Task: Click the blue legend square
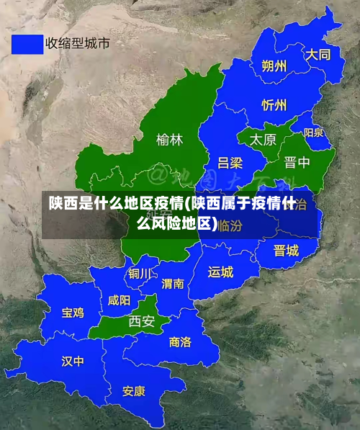[27, 43]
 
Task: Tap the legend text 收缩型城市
[78, 43]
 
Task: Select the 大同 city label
[318, 55]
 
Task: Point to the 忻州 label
[274, 105]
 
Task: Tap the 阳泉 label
[313, 133]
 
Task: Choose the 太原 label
[263, 139]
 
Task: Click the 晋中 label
[297, 163]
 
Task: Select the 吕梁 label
[230, 164]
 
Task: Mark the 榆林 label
[170, 140]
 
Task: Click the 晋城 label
[286, 251]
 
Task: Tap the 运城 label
[220, 272]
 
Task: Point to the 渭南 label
[173, 283]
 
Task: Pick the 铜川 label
[140, 274]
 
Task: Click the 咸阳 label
[120, 300]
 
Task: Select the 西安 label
[141, 321]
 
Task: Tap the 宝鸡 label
[72, 313]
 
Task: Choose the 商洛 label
[180, 342]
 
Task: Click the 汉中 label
[73, 361]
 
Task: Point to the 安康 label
[134, 391]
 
